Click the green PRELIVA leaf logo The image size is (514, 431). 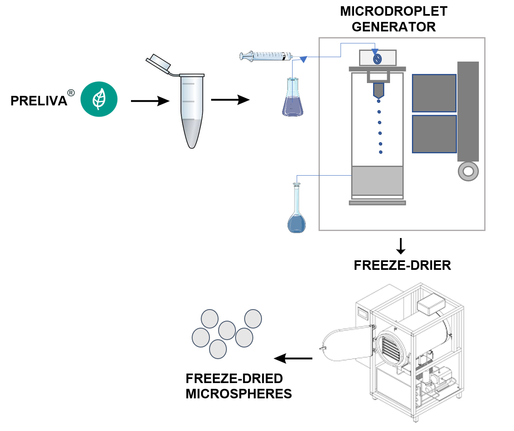point(99,99)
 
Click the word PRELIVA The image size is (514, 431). point(38,101)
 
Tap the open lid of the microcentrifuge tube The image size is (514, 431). point(159,63)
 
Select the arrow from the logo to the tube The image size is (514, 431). point(150,101)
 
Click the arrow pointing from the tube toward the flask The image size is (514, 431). point(230,100)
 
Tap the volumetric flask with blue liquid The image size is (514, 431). point(296,215)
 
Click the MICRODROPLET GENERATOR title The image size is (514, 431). point(393,19)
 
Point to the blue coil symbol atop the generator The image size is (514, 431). point(377,59)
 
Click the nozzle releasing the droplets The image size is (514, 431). point(378,90)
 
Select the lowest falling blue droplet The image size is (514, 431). point(381,152)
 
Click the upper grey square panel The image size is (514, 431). point(434,93)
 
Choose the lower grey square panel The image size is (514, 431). point(434,134)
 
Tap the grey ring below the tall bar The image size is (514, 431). point(468,171)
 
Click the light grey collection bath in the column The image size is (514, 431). point(377,181)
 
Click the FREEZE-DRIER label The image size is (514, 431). point(402,265)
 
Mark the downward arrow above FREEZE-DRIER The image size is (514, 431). point(400,246)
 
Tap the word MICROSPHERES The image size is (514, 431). point(238,394)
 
